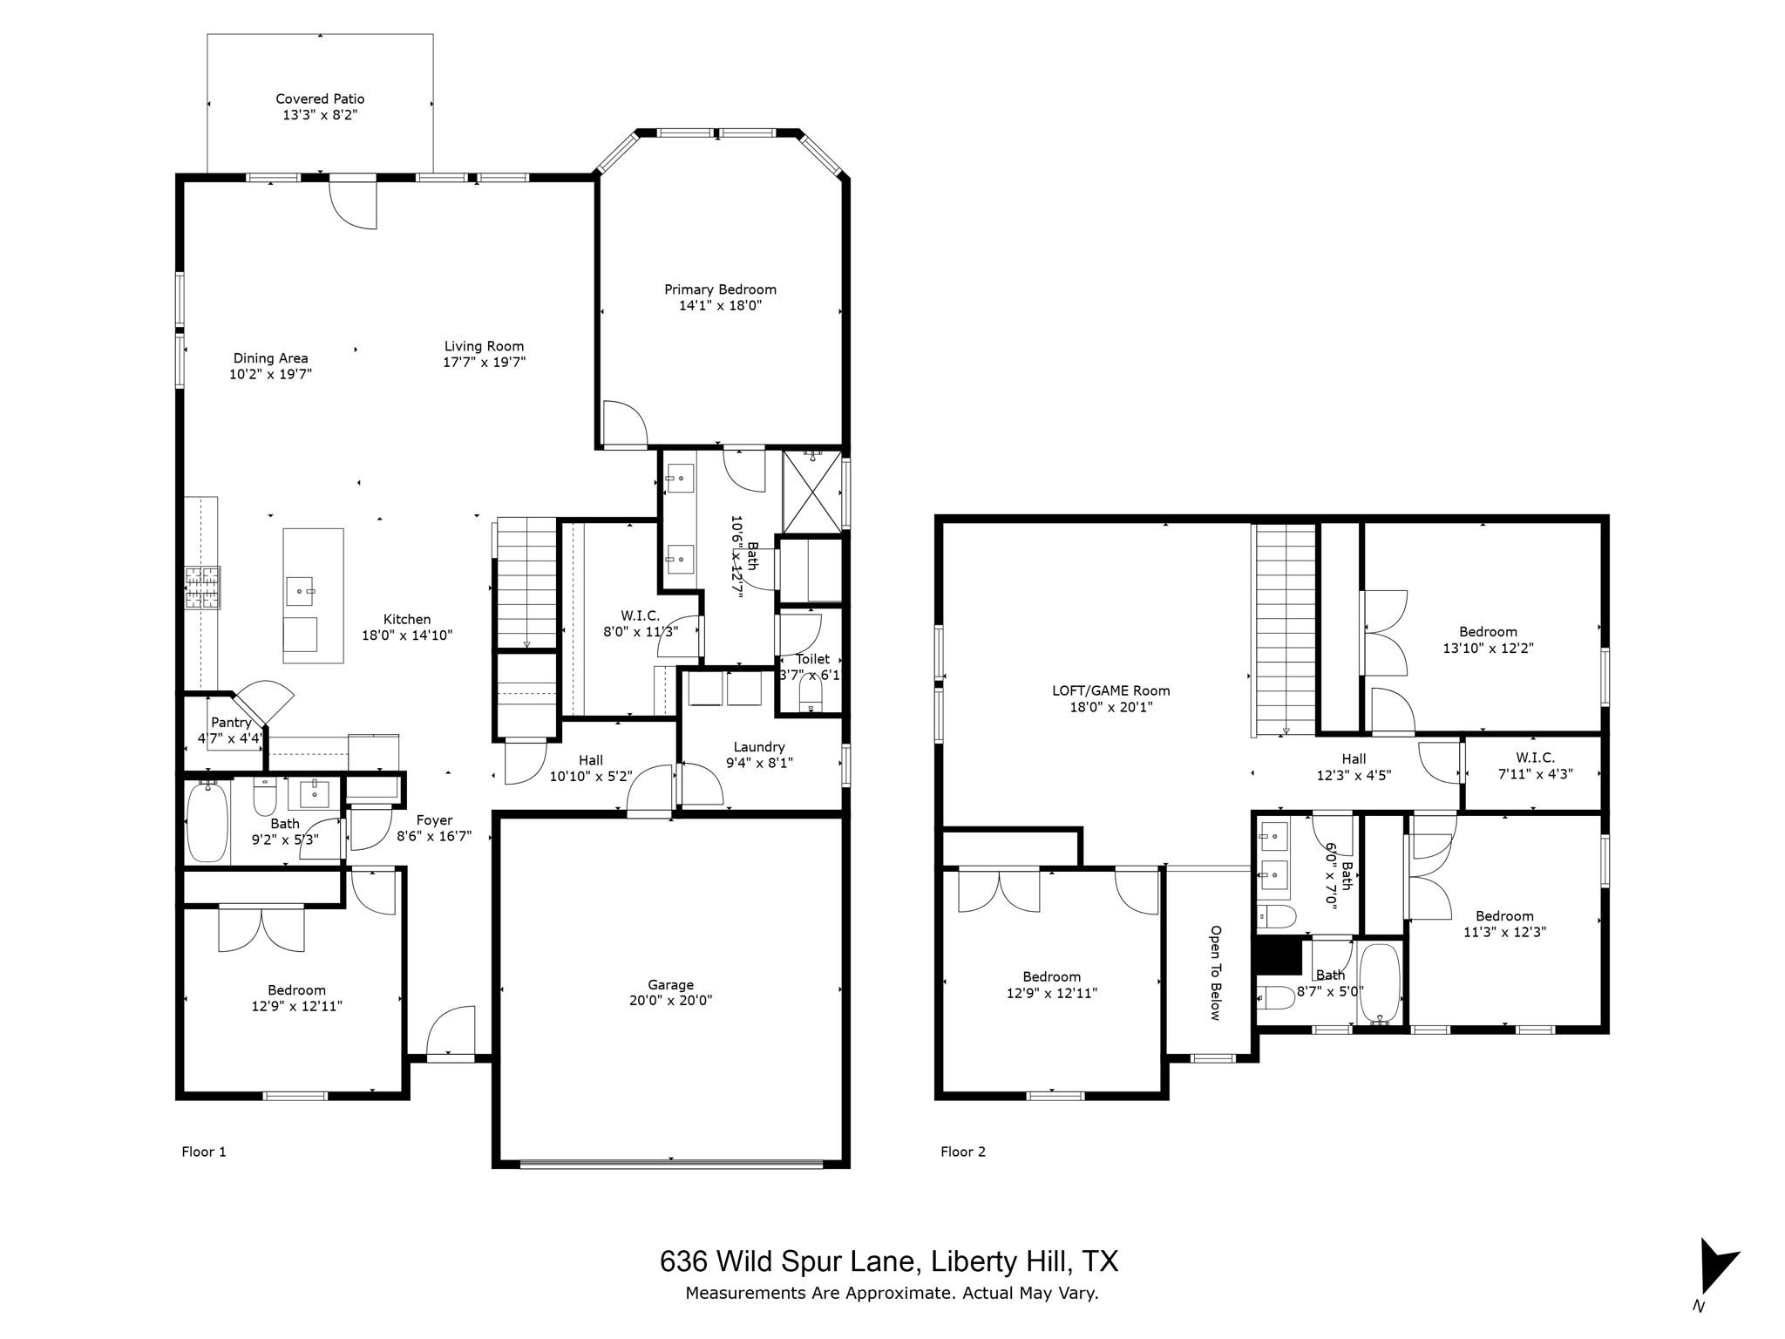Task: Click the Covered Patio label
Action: [320, 99]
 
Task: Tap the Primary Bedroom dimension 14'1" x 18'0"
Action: [720, 306]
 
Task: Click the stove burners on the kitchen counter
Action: [202, 587]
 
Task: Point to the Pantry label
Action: [231, 722]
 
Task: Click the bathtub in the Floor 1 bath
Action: [207, 821]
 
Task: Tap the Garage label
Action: [670, 985]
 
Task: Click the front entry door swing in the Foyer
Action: [450, 1033]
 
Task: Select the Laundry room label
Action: [759, 747]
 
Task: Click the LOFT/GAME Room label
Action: [1110, 690]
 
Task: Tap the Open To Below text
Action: [1215, 972]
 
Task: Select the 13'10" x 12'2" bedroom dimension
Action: [1488, 649]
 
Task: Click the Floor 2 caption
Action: [962, 1152]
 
